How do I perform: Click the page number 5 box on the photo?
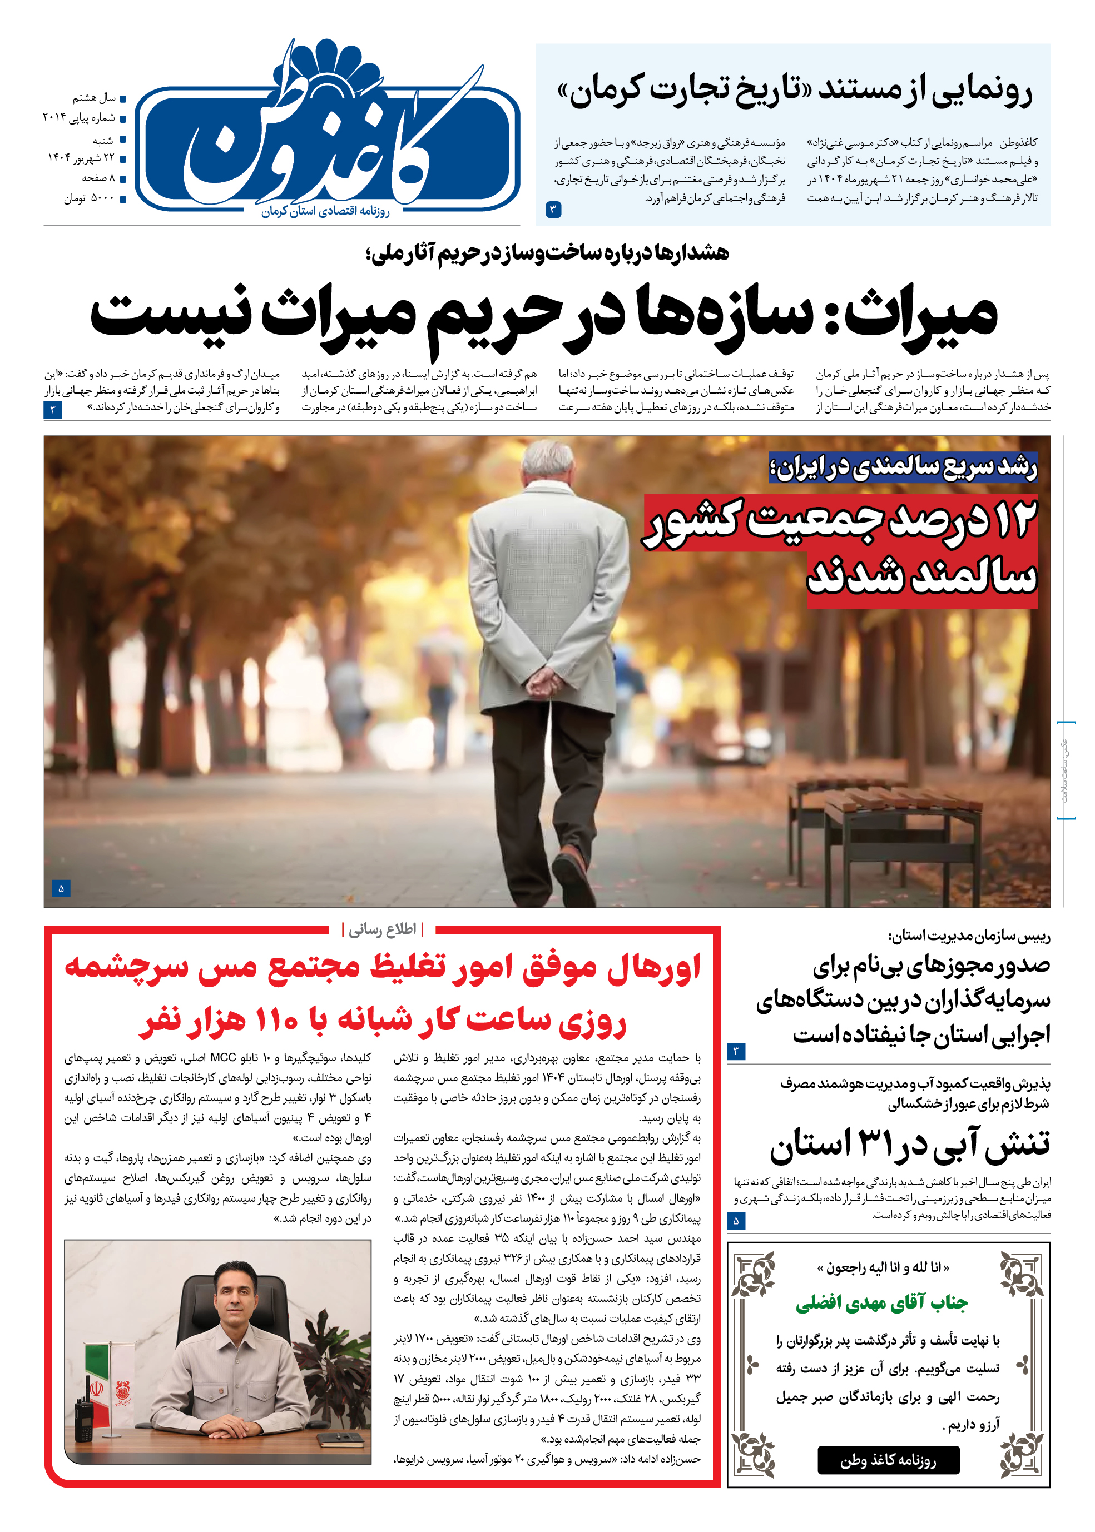[x=61, y=888]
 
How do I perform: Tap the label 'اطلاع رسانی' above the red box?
[x=382, y=930]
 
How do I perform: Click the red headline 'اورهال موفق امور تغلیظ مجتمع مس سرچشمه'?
[x=382, y=968]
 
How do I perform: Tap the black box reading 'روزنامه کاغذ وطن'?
[x=888, y=1460]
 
